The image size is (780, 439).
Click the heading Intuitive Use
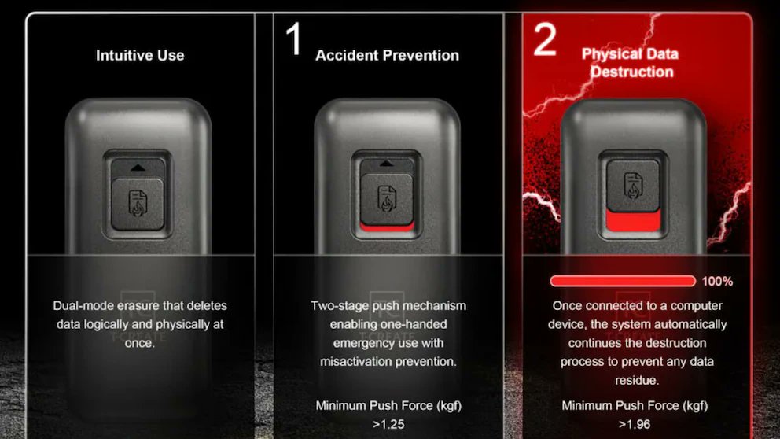(x=140, y=55)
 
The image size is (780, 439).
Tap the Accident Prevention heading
(x=387, y=55)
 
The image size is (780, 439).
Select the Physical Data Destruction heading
(x=631, y=63)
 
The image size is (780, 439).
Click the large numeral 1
(x=294, y=39)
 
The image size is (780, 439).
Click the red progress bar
(x=623, y=281)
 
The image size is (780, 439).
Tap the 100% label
(x=717, y=281)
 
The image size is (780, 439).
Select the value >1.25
(x=388, y=425)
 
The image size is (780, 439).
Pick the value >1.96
(x=635, y=425)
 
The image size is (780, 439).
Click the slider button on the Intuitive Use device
(x=138, y=204)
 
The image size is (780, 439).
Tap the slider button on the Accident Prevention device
(x=387, y=198)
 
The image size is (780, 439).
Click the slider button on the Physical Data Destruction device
(x=633, y=185)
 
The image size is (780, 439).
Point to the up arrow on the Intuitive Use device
(x=138, y=168)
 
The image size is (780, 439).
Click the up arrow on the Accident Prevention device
(x=387, y=164)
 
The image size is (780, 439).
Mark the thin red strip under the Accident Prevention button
(x=387, y=227)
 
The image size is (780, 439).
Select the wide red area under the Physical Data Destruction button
(x=633, y=220)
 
